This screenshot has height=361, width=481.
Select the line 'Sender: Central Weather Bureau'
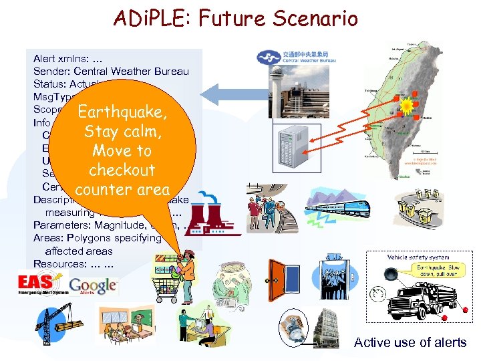tap(111, 72)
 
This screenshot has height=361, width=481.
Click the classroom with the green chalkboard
tap(124, 325)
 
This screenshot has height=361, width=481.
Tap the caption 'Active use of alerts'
tap(410, 342)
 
